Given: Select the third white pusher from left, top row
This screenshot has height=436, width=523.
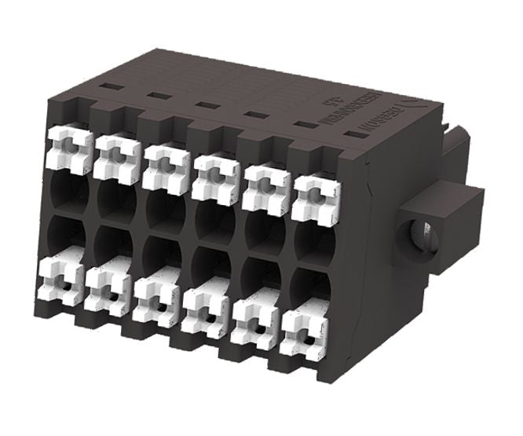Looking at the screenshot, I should (166, 163).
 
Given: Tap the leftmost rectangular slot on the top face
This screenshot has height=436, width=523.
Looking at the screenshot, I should (110, 86).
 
